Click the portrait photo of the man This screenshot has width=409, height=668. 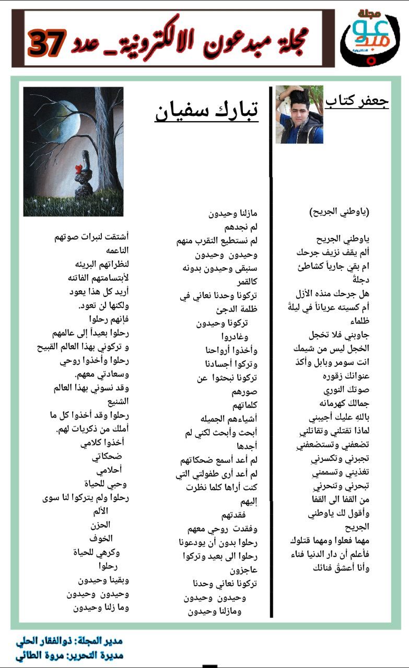(x=299, y=114)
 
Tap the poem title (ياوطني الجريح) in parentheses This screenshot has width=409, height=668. (x=339, y=212)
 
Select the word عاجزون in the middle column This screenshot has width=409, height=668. (x=242, y=569)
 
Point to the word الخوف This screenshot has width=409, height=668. (x=101, y=538)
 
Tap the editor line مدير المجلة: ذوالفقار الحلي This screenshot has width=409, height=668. (x=68, y=641)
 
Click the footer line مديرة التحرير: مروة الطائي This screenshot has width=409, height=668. (x=68, y=655)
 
